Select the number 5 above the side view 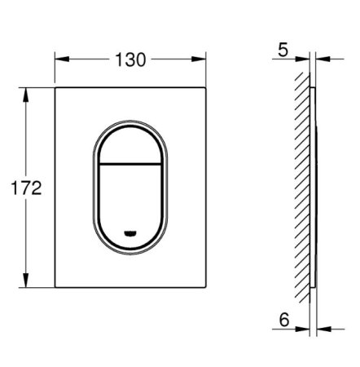click(282, 50)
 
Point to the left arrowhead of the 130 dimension click(59, 59)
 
